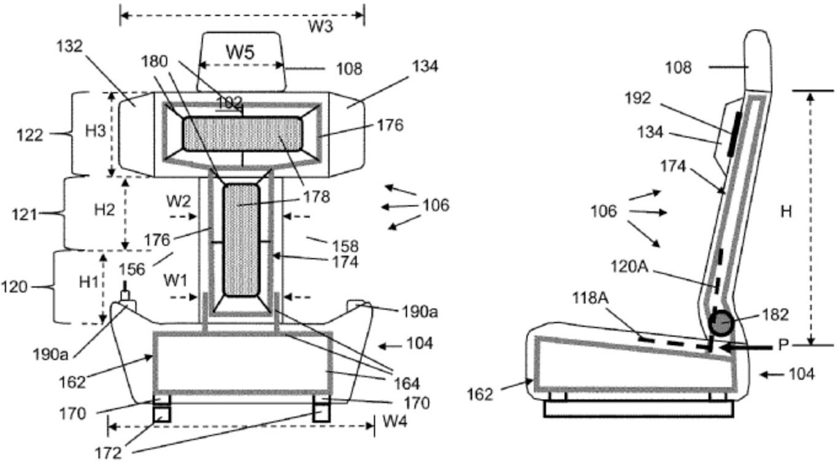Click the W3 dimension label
tap(321, 27)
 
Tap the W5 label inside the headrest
tap(240, 52)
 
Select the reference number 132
tap(70, 46)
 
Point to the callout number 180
tap(154, 61)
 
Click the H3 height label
tap(95, 131)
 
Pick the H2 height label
tap(105, 210)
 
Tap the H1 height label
tap(89, 282)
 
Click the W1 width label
tap(175, 280)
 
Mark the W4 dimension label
tap(395, 422)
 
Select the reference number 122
tap(30, 135)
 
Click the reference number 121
tap(24, 215)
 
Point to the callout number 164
tap(407, 384)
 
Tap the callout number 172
tap(108, 453)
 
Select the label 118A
tap(591, 298)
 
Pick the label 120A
tap(629, 266)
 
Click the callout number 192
tap(638, 98)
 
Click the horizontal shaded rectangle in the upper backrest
tap(242, 134)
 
